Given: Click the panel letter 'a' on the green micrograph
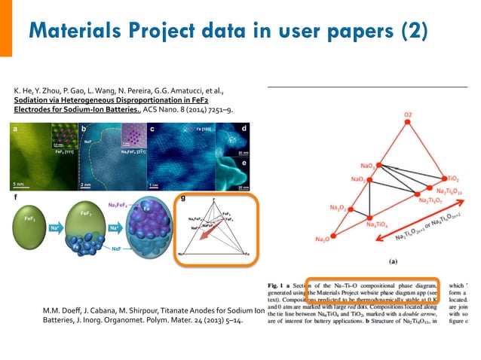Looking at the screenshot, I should click(x=15, y=129).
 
